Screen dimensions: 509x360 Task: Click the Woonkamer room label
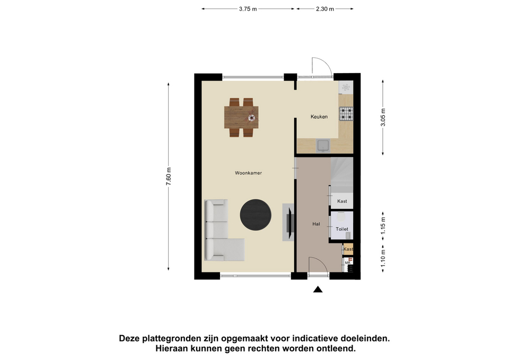coord(248,173)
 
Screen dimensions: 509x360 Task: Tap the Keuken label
coord(319,117)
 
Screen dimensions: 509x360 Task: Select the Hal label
coord(316,224)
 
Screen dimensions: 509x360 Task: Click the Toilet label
coord(342,229)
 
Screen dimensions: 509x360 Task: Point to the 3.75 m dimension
coord(248,9)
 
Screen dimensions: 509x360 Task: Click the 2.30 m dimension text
coord(325,9)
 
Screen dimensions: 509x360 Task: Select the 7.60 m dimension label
coord(169,177)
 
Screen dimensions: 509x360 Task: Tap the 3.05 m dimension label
coord(383,118)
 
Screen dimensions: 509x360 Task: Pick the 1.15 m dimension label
coord(383,226)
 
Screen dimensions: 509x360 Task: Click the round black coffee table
coord(256,215)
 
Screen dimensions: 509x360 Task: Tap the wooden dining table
coord(241,117)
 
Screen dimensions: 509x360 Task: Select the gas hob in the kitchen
coord(346,114)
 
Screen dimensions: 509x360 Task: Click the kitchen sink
coord(323,146)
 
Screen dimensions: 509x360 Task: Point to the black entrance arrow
coord(318,289)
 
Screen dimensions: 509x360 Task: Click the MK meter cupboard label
coord(348,262)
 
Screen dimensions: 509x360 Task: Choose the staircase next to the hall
coord(342,174)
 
